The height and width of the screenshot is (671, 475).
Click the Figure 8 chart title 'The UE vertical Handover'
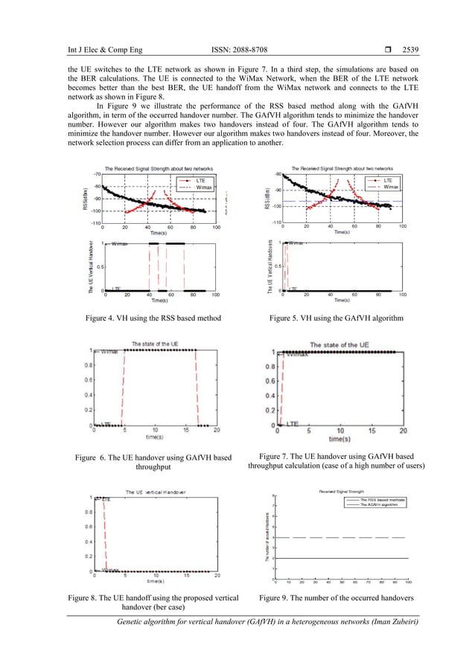pos(156,492)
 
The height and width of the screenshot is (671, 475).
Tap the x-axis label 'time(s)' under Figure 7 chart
pos(339,439)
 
